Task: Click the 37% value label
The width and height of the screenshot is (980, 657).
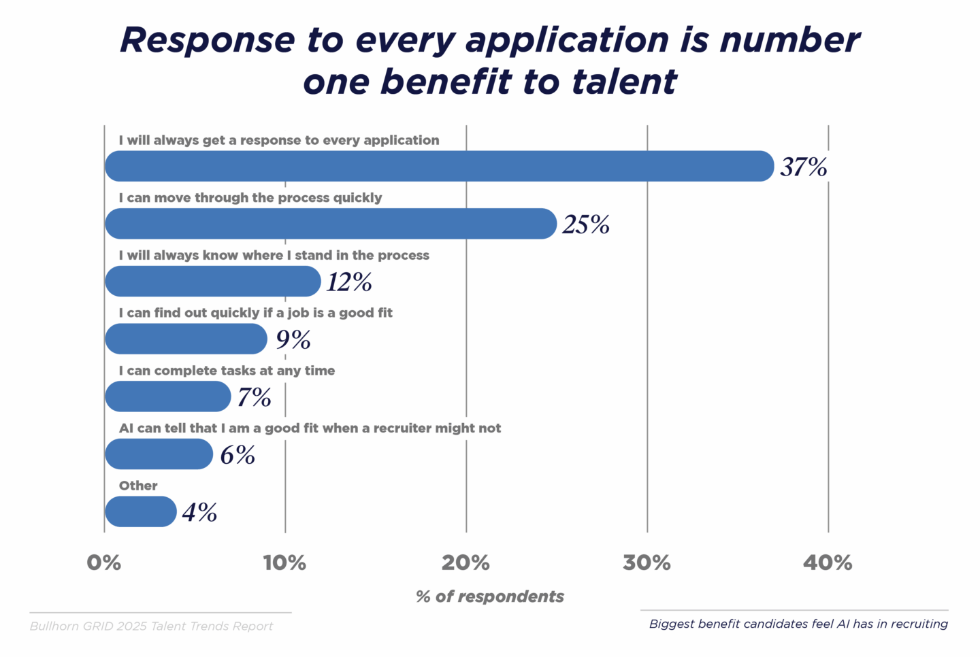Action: click(804, 167)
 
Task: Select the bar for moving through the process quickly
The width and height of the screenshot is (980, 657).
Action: click(331, 224)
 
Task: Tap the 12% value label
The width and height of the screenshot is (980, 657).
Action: click(349, 282)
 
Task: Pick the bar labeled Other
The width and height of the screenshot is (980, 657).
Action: click(141, 511)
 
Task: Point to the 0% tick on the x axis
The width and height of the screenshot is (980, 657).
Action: click(104, 562)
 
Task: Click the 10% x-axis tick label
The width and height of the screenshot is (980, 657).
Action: click(284, 562)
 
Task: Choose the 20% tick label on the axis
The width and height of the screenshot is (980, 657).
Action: click(465, 562)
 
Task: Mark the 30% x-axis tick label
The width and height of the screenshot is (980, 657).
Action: click(647, 562)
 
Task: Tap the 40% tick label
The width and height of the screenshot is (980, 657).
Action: click(828, 562)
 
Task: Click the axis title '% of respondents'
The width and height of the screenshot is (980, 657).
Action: click(490, 596)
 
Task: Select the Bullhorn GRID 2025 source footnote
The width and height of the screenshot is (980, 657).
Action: click(151, 626)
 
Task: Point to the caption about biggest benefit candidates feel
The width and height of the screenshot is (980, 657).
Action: click(798, 624)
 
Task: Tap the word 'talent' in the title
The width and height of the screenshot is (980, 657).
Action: click(624, 82)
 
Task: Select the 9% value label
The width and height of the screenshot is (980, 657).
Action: click(293, 339)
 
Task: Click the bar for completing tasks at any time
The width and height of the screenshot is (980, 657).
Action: click(168, 397)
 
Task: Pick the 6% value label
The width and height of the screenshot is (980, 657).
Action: click(238, 454)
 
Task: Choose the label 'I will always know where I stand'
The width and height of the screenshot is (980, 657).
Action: click(274, 255)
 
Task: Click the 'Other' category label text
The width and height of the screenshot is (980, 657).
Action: click(138, 486)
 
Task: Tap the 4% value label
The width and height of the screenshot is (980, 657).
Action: click(199, 512)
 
